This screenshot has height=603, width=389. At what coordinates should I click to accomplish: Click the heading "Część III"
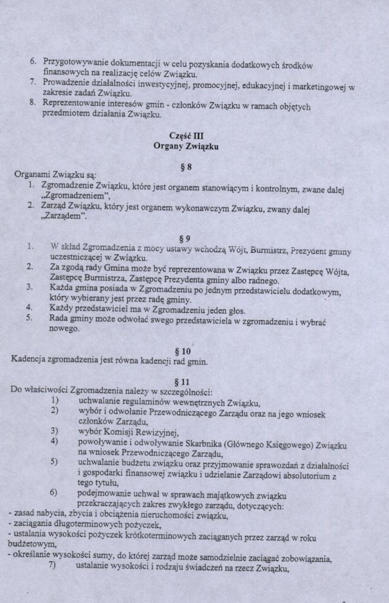tap(186, 135)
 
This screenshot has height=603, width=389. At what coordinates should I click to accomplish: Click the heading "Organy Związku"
tap(186, 146)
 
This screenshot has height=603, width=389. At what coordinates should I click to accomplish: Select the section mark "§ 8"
tap(186, 167)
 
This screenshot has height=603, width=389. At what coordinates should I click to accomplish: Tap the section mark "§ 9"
tap(185, 238)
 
